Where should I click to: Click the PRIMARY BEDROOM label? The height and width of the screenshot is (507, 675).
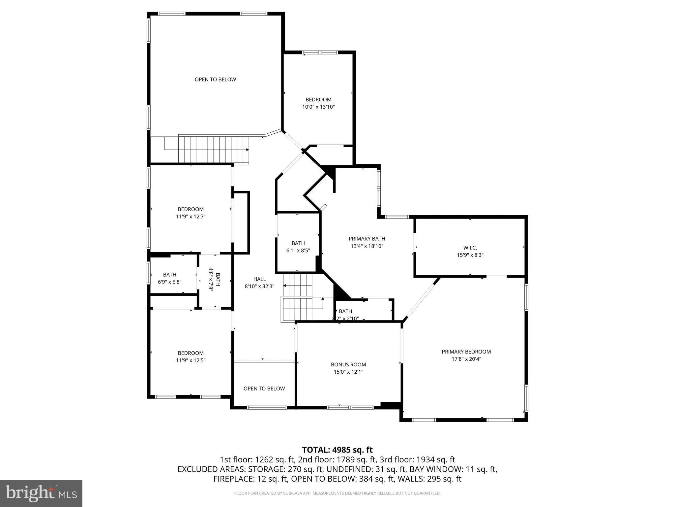click(x=466, y=352)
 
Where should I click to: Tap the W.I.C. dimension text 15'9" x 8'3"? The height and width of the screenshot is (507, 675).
click(x=470, y=255)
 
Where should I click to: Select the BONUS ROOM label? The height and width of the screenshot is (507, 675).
click(x=348, y=365)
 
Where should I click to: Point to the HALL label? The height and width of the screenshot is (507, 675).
click(x=259, y=279)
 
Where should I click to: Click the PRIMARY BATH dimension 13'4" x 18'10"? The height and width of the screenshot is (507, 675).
click(x=367, y=246)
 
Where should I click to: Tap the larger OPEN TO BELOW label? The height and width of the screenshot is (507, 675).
click(x=215, y=80)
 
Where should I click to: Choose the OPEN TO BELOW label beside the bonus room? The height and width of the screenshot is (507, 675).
click(x=264, y=389)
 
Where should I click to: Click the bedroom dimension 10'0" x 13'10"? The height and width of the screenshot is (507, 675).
click(x=318, y=107)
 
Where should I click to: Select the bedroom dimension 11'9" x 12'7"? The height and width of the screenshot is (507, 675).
click(x=191, y=217)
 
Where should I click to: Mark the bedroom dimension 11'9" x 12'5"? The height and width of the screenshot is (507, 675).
click(x=191, y=360)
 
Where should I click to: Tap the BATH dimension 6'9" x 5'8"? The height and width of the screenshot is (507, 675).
click(x=169, y=282)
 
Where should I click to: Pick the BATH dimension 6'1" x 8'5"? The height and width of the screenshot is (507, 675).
click(x=298, y=251)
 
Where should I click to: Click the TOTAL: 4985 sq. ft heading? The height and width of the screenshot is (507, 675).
click(x=337, y=450)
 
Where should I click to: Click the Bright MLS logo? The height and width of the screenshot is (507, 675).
click(x=41, y=493)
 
